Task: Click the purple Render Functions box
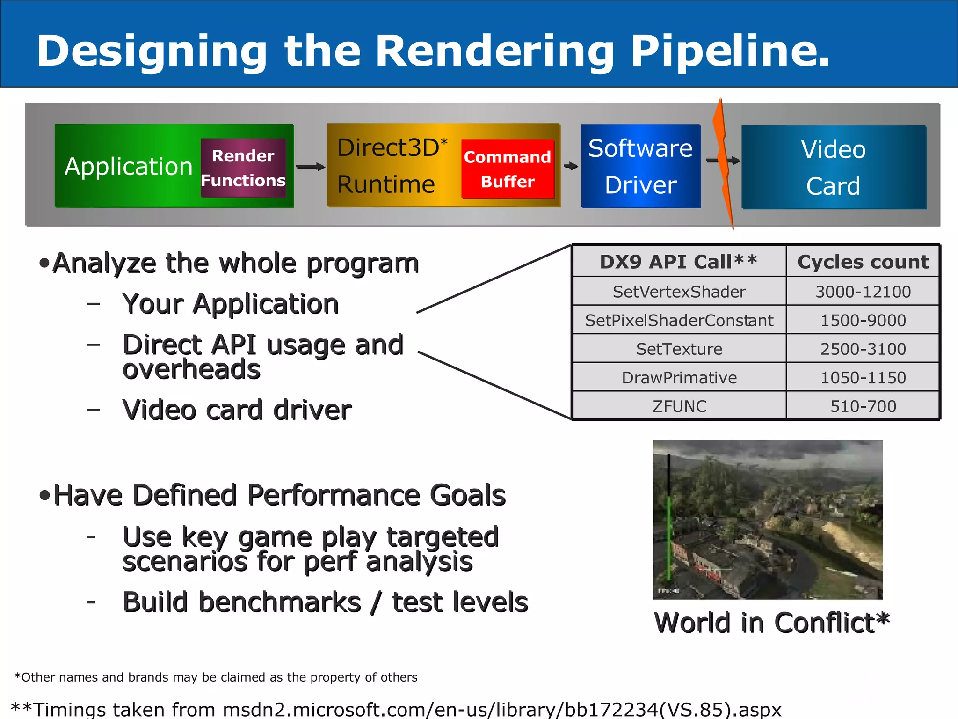coord(243,168)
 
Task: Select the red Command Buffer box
coord(508,169)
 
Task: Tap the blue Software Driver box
coord(640,166)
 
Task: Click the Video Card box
coord(833,167)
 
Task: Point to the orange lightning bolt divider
coord(723,164)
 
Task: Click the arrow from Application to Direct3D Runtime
coord(310,167)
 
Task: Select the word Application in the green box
coord(129,167)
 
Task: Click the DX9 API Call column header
coord(679,262)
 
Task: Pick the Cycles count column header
coord(863,262)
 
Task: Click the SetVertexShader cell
coord(679,292)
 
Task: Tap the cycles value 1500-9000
coord(863,320)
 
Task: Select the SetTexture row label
coord(679,349)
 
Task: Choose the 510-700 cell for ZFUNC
coord(863,406)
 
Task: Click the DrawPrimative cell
coord(679,378)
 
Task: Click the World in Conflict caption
coord(771,623)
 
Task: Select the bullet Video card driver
coord(237,410)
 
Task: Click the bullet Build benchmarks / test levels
coord(325,602)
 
